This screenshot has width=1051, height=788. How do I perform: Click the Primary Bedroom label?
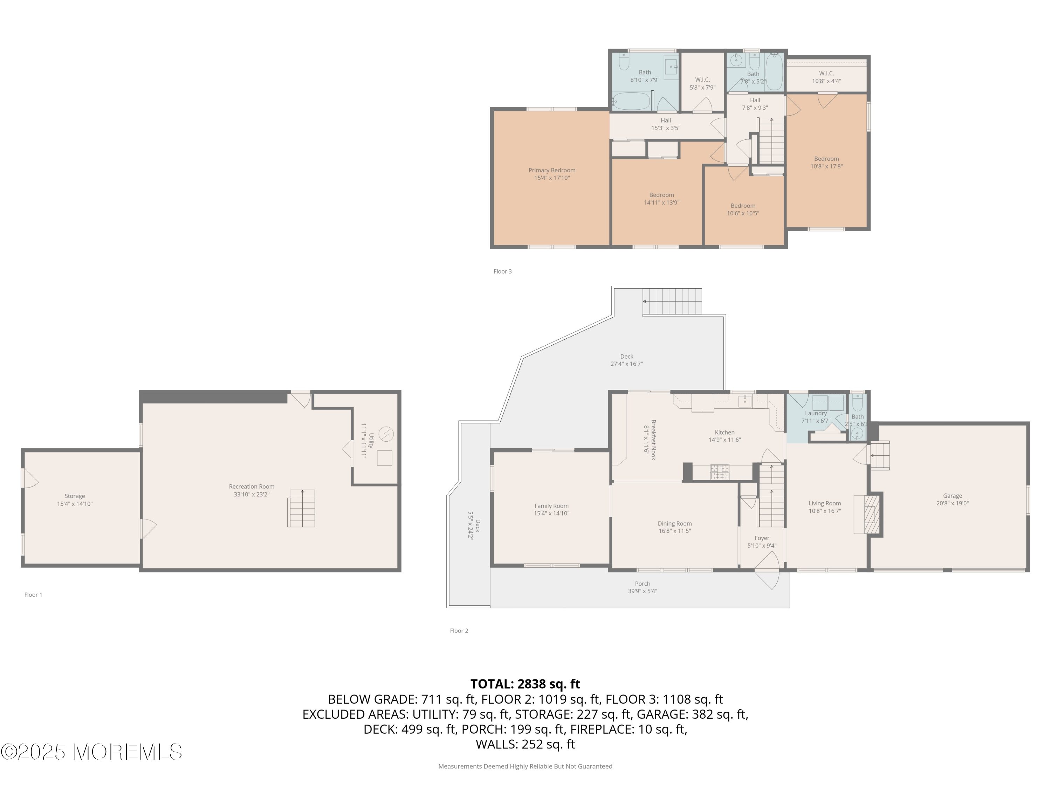coord(552,170)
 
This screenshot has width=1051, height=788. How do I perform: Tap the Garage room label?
coord(952,496)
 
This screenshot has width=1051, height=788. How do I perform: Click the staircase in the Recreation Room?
coord(301,508)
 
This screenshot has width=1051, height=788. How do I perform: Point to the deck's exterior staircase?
coord(672,301)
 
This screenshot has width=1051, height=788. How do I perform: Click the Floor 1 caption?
coord(33,595)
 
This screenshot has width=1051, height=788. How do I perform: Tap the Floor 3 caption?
coord(502,271)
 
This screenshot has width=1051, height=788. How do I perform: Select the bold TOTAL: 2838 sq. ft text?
coord(525,684)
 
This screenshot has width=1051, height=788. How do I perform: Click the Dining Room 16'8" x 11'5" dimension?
coord(674,531)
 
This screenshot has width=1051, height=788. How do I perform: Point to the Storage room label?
coord(75,496)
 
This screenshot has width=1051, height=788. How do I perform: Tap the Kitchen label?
coord(724,432)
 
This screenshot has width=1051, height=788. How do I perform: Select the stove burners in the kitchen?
coord(719,472)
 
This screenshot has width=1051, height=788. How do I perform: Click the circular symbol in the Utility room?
coord(386,434)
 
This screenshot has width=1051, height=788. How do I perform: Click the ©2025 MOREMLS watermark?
coord(91,752)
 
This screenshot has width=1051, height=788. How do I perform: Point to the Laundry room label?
coord(816,413)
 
